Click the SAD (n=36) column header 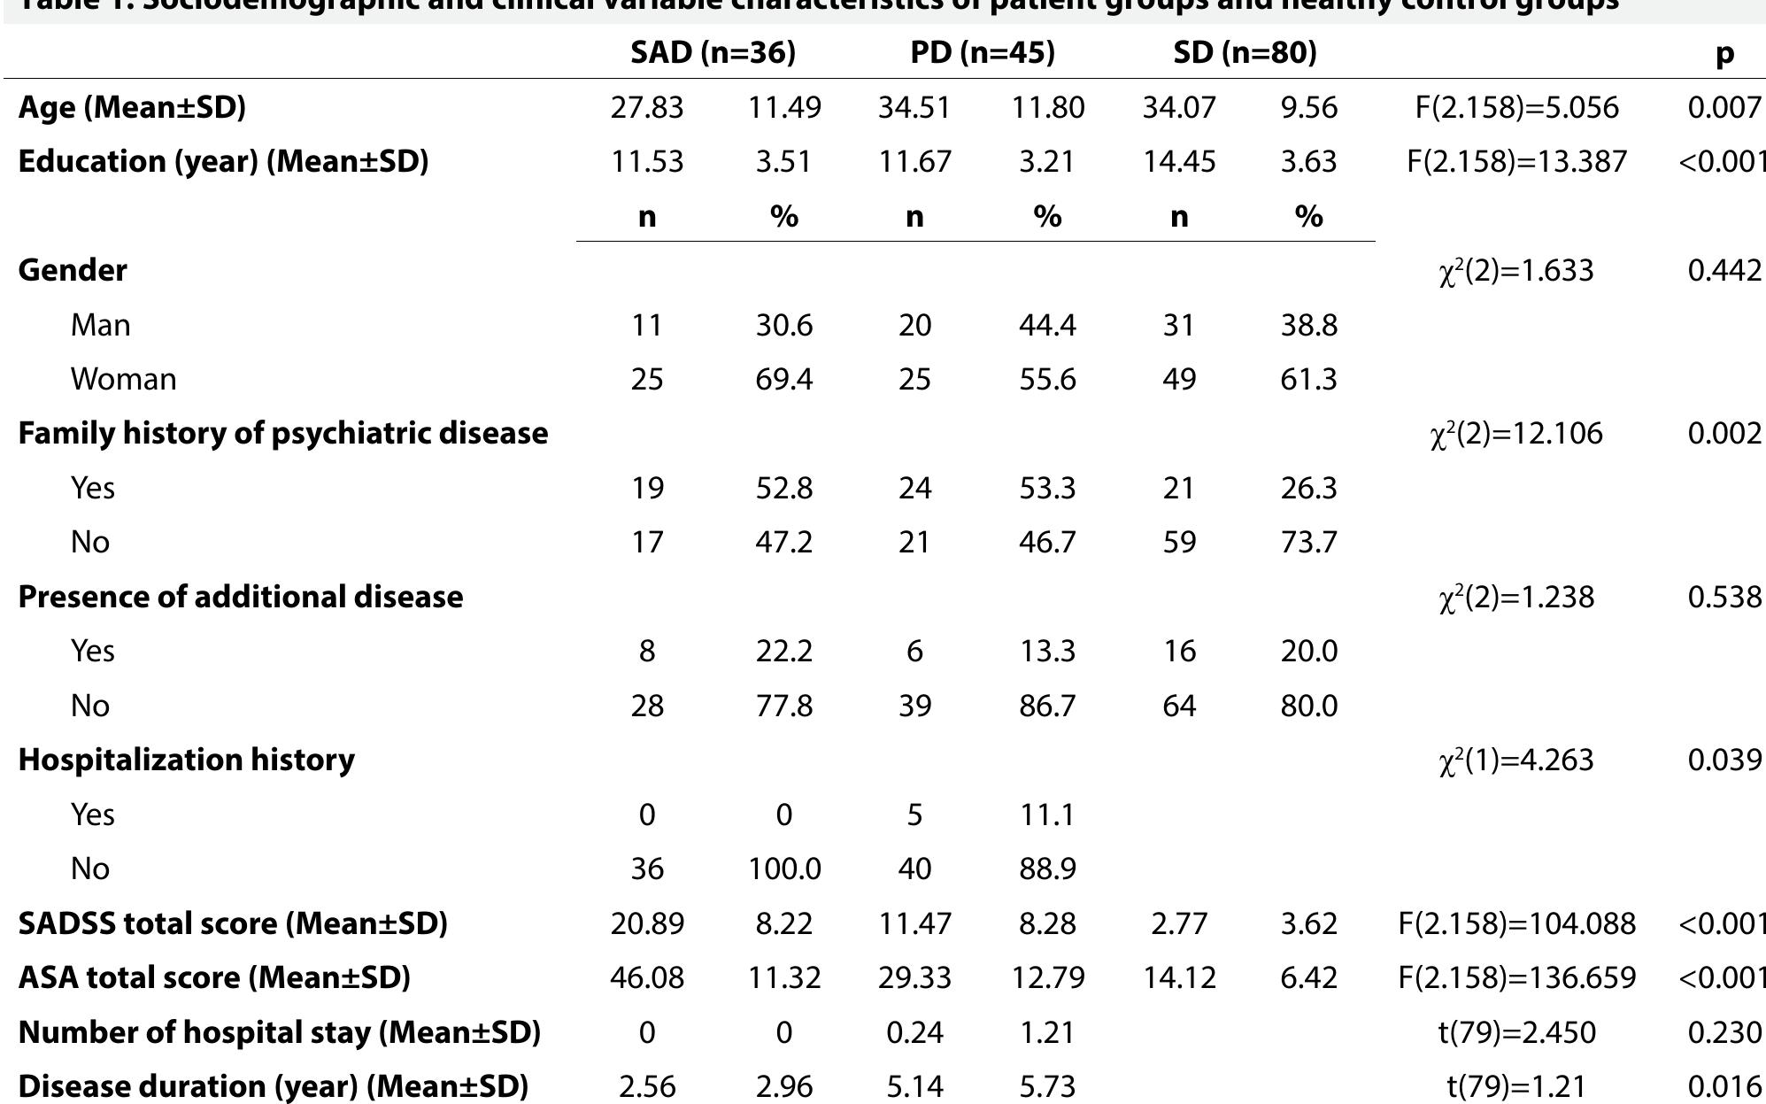tap(713, 53)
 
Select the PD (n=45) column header tap(982, 53)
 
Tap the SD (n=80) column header tap(1245, 53)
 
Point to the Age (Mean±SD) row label tap(132, 107)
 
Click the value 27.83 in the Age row tap(646, 108)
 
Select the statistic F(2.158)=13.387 tap(1516, 162)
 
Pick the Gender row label tap(73, 270)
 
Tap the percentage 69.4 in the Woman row tap(783, 379)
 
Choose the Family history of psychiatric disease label tap(282, 433)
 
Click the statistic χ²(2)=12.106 tap(1515, 433)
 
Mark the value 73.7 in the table tap(1308, 542)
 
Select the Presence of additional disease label tap(240, 597)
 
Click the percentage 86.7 tap(1046, 706)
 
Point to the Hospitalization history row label tap(186, 760)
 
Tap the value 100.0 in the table tap(783, 869)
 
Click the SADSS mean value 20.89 tap(646, 923)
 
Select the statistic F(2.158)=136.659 tap(1516, 977)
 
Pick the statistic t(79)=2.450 tap(1516, 1032)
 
